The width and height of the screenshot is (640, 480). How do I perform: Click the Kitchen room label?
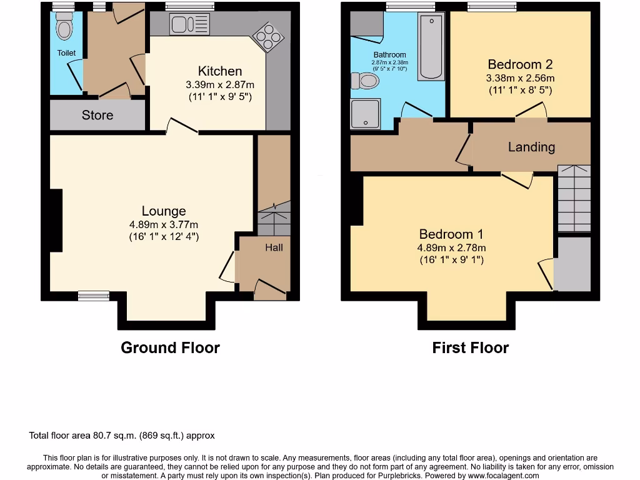click(220, 71)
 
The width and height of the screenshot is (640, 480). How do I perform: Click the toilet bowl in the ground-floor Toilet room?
click(64, 29)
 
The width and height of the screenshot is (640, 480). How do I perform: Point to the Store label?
click(97, 115)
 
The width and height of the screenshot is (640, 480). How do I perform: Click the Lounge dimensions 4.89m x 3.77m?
click(164, 225)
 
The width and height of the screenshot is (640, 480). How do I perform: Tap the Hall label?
click(274, 247)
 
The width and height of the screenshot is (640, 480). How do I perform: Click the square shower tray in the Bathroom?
click(366, 114)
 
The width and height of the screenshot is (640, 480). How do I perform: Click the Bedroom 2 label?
click(520, 64)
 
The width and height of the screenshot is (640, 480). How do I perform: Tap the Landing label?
click(531, 147)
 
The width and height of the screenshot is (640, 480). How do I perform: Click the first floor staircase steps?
click(574, 199)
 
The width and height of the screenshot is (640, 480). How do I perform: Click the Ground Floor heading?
click(170, 347)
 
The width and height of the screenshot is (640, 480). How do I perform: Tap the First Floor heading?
click(470, 347)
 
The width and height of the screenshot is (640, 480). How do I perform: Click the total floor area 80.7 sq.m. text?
click(122, 436)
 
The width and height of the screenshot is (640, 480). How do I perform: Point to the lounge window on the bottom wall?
click(94, 296)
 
